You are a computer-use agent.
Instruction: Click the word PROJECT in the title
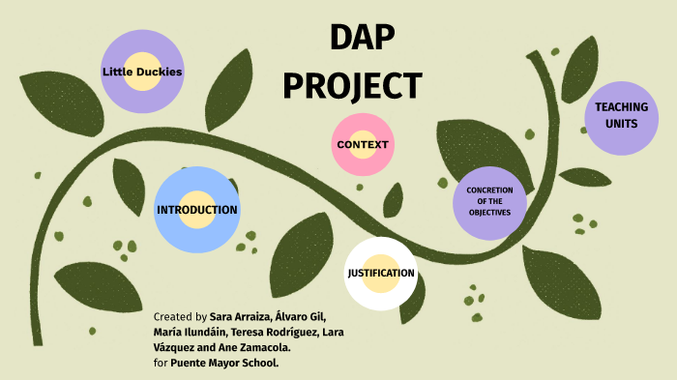pyautogui.click(x=352, y=85)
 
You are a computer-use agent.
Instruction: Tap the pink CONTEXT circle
pyautogui.click(x=363, y=144)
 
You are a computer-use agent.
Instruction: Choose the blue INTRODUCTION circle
pyautogui.click(x=196, y=209)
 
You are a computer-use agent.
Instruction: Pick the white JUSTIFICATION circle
pyautogui.click(x=381, y=273)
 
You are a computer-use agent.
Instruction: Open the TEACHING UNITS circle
pyautogui.click(x=621, y=115)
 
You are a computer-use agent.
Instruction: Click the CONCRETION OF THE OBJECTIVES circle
pyautogui.click(x=488, y=201)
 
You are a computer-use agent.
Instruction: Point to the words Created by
pyautogui.click(x=180, y=317)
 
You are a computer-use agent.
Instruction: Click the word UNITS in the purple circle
pyautogui.click(x=621, y=125)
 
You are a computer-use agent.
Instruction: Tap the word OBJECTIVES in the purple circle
pyautogui.click(x=488, y=213)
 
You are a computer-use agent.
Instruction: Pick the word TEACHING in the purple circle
pyautogui.click(x=621, y=106)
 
